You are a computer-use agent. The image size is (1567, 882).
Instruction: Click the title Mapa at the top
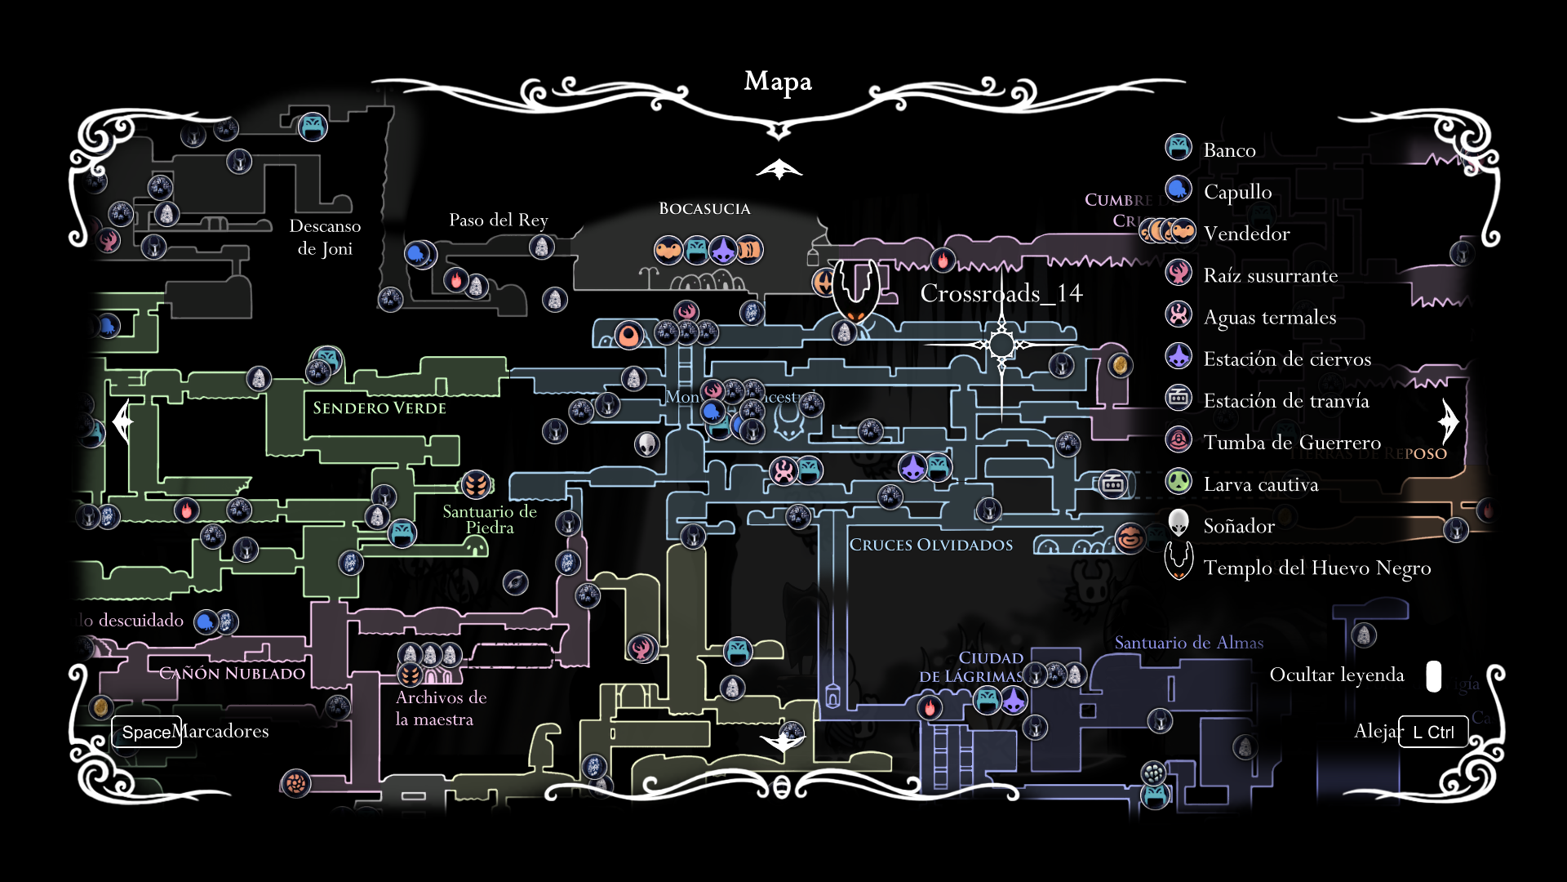tap(778, 82)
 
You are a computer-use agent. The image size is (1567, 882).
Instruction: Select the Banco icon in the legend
tap(1179, 148)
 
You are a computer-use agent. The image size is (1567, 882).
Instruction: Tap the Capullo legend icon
tap(1179, 189)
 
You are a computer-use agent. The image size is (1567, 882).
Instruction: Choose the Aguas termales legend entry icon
tap(1179, 315)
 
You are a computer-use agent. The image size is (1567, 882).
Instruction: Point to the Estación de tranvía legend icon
tap(1179, 399)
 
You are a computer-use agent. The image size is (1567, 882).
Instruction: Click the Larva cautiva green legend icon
tap(1179, 482)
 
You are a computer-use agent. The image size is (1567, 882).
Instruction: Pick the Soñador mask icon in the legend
tap(1179, 523)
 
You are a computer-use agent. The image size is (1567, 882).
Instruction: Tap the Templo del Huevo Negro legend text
tap(1316, 568)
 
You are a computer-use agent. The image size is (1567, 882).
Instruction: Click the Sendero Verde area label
tap(380, 408)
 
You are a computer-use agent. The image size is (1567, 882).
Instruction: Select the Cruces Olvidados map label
tap(930, 546)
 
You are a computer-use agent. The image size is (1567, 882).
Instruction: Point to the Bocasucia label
tap(704, 209)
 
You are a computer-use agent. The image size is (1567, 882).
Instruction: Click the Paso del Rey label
tap(498, 220)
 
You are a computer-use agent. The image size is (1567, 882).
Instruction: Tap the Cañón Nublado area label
tap(232, 674)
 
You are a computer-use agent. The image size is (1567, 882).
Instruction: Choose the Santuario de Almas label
tap(1188, 644)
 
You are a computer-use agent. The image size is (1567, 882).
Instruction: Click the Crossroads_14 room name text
tap(1001, 294)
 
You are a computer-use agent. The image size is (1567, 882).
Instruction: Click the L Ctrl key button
tap(1432, 732)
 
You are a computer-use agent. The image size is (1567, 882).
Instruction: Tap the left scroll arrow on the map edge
tap(123, 421)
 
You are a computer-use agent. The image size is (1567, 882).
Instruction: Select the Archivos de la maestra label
tap(441, 708)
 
